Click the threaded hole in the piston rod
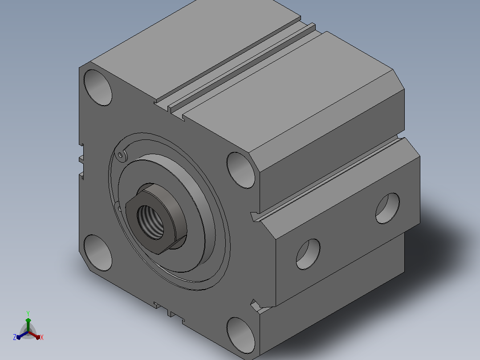tap(150, 222)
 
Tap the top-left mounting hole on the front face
tap(98, 88)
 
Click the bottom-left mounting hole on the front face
tap(98, 253)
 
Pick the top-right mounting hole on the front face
tap(241, 170)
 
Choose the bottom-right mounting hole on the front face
tap(241, 335)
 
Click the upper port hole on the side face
tap(387, 209)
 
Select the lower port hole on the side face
tap(308, 254)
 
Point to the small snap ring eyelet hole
tap(120, 155)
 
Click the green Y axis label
tap(28, 314)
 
